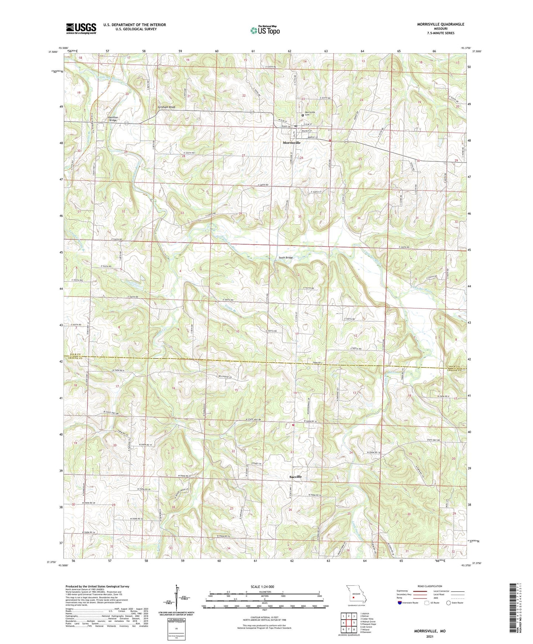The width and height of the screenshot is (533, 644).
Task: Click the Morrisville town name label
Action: coord(291,142)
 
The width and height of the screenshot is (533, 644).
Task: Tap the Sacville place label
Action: coord(295,477)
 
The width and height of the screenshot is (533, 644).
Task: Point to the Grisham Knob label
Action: coord(166,107)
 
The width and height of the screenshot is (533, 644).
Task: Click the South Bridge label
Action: coord(285,257)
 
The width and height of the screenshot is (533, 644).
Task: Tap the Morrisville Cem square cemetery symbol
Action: coord(303,115)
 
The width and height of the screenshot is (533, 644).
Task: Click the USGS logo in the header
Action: coord(81,28)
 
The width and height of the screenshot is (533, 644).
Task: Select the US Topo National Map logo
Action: coord(264,30)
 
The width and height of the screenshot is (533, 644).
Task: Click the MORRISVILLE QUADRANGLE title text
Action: coord(440,24)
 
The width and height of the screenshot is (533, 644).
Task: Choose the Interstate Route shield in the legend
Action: coord(400,603)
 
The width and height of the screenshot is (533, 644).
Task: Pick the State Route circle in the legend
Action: coord(449,603)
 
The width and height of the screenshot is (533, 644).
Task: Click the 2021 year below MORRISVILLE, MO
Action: coord(430,636)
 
